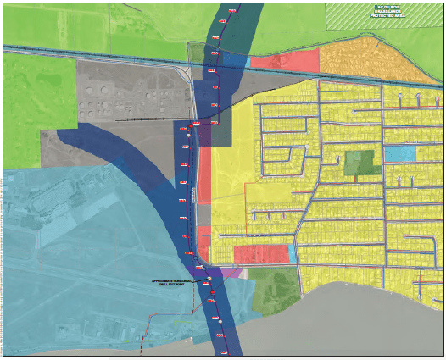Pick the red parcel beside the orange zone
click(x=285, y=60)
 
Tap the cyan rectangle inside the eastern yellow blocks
click(x=400, y=154)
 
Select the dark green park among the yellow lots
click(x=363, y=163)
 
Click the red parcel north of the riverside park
click(x=260, y=253)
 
